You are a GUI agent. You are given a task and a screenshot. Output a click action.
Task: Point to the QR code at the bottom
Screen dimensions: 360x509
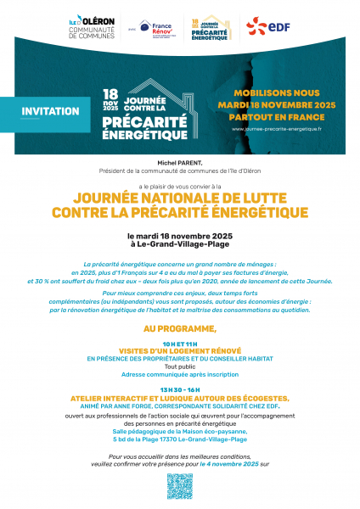180,486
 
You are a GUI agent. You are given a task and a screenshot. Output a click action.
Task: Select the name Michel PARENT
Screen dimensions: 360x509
180,159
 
